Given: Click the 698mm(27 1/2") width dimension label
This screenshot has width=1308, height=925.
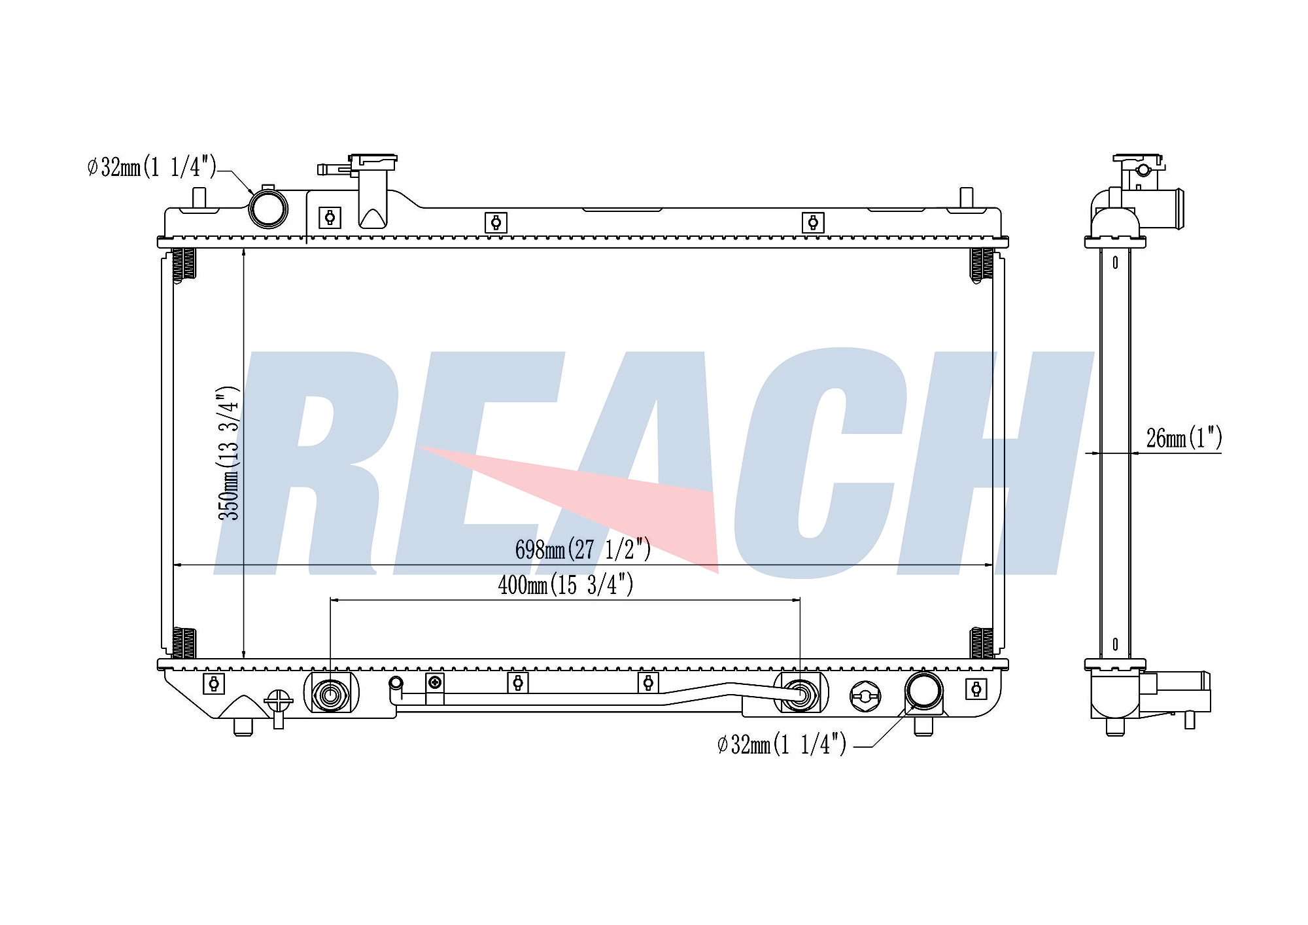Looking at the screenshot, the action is pyautogui.click(x=583, y=550).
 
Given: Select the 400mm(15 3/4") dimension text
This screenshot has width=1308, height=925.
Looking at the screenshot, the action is pyautogui.click(x=566, y=584).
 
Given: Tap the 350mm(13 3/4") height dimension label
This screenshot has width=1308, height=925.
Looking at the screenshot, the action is pyautogui.click(x=229, y=453).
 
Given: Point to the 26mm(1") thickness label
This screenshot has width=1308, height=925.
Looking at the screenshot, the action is pyautogui.click(x=1184, y=438).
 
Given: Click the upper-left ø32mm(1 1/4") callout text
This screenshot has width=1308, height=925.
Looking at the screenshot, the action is pyautogui.click(x=152, y=167).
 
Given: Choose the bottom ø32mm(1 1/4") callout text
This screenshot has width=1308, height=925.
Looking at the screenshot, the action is pyautogui.click(x=782, y=744).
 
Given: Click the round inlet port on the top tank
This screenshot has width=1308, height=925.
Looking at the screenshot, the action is pyautogui.click(x=268, y=208).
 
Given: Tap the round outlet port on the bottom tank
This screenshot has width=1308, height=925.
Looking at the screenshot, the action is pyautogui.click(x=923, y=691).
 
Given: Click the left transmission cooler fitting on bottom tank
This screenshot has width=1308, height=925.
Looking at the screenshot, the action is pyautogui.click(x=331, y=694).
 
